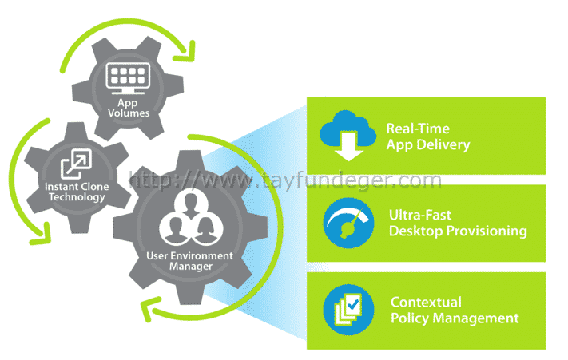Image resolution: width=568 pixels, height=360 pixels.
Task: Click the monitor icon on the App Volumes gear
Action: pos(128,78)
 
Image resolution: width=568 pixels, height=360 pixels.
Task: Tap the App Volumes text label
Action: pos(129,108)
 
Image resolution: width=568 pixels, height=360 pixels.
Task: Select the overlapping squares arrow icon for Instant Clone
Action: pos(76,164)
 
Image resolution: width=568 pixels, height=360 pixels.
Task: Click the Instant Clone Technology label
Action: pos(77,192)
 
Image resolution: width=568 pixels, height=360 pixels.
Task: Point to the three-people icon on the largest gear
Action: pos(191,219)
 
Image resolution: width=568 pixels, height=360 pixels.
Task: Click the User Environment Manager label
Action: pos(190,261)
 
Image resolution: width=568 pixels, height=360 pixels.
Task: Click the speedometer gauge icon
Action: pos(348,223)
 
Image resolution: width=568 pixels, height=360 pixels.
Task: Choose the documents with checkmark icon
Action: pos(348,310)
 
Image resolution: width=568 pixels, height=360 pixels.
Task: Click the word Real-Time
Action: pos(418,129)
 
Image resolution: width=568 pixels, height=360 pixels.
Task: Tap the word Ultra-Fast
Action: pos(420,215)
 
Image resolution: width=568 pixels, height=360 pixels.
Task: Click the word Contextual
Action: pos(426,302)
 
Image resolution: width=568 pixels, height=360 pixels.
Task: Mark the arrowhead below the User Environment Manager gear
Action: pos(149,309)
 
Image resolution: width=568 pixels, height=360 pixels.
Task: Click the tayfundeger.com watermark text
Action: pos(284,180)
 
